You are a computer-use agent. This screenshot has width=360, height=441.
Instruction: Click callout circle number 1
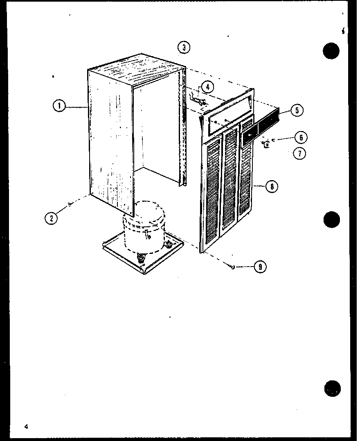[x=60, y=106]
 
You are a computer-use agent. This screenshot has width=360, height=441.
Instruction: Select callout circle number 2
[x=51, y=218]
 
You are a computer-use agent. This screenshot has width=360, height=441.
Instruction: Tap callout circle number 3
[x=184, y=47]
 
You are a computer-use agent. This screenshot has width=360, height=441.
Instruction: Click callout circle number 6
[x=301, y=138]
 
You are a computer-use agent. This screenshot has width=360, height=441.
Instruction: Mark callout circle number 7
[x=300, y=154]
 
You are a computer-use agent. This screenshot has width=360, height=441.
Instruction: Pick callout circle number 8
[x=271, y=186]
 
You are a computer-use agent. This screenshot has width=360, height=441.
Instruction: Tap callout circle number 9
[x=260, y=267]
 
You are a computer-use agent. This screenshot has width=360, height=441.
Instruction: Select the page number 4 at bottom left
[x=26, y=427]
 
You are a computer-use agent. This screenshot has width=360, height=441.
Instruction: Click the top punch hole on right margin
[x=331, y=51]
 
